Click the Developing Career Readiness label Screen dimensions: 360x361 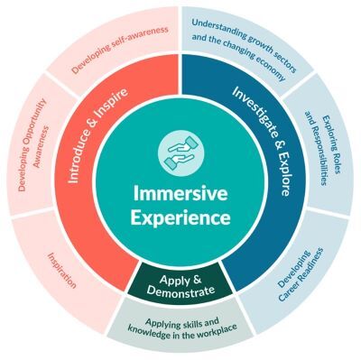coord(299,262)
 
